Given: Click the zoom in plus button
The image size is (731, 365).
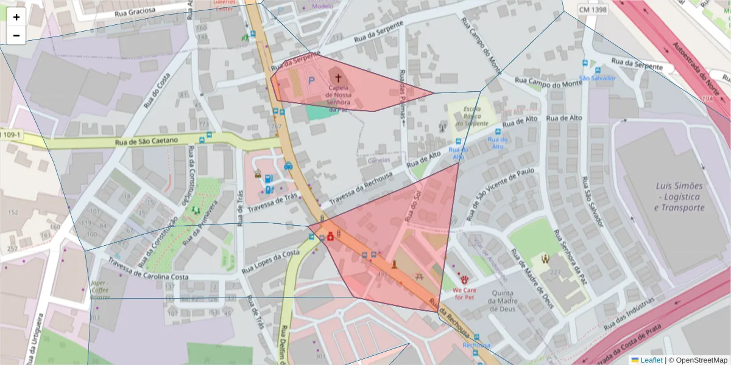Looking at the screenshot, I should [16, 17].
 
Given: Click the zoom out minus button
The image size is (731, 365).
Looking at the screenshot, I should [16, 35].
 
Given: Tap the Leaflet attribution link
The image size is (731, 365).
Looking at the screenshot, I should [646, 360].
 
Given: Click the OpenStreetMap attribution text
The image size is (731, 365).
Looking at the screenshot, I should [697, 360].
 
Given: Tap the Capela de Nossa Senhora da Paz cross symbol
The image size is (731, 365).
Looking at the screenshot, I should [338, 78].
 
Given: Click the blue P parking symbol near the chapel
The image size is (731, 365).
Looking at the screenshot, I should [311, 80].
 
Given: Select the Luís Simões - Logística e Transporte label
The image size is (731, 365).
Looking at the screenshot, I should [679, 196].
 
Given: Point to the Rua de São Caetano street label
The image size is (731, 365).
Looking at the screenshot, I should [146, 141].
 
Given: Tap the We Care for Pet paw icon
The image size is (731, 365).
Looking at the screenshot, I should [465, 279].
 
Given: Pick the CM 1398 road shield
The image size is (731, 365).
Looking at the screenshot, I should [592, 10].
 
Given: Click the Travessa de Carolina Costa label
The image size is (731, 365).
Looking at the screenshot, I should [149, 269].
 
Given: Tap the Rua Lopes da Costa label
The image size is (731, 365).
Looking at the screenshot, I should [270, 261].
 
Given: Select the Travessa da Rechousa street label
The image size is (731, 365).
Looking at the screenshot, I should [365, 186].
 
